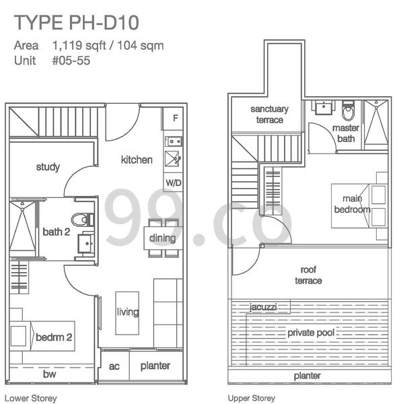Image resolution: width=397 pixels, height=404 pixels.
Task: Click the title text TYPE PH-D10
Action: click(x=77, y=23)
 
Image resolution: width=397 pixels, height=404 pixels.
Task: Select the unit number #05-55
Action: click(x=71, y=61)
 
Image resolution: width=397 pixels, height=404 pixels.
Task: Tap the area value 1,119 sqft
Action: click(x=79, y=46)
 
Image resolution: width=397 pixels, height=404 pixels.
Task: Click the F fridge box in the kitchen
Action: click(x=173, y=119)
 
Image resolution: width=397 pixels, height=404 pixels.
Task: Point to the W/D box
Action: click(x=174, y=182)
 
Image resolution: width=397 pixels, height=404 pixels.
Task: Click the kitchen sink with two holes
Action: click(x=174, y=141)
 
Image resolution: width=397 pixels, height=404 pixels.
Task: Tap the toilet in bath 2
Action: click(x=83, y=220)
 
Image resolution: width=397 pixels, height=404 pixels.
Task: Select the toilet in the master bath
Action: click(x=348, y=110)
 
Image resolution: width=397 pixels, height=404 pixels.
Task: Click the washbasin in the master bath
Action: click(x=324, y=108)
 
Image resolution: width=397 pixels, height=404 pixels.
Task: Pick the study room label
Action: click(x=48, y=167)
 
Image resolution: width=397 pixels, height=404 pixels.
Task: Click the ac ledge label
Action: click(x=114, y=366)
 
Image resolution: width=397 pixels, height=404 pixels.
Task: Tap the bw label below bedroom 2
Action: click(x=49, y=374)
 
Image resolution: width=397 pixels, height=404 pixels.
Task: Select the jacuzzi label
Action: click(x=263, y=307)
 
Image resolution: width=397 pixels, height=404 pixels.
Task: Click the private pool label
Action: click(x=311, y=333)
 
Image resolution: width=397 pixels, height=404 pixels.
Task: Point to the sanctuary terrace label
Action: click(x=270, y=114)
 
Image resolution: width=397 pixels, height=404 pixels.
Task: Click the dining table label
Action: click(x=162, y=238)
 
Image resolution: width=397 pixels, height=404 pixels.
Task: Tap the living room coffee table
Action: click(x=127, y=313)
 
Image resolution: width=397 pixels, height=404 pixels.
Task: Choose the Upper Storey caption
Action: click(x=251, y=399)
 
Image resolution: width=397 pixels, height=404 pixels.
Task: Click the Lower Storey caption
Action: click(x=31, y=399)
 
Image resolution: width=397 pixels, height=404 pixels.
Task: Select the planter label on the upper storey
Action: click(x=307, y=376)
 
